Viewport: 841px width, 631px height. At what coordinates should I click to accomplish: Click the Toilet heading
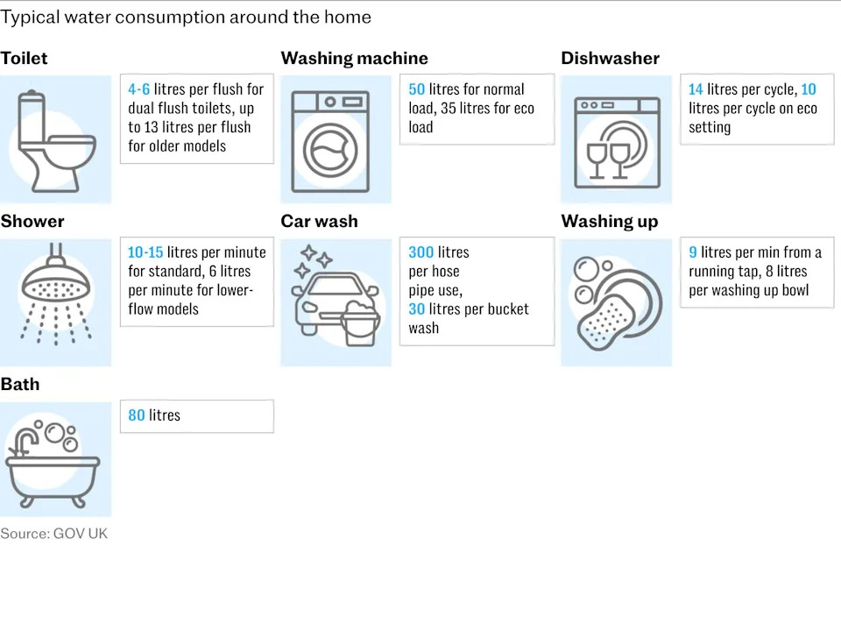click(25, 58)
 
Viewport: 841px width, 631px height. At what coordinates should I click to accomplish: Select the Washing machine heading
click(355, 58)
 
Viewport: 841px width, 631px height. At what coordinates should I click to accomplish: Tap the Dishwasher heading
click(611, 58)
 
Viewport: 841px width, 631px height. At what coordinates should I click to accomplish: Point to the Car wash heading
click(319, 221)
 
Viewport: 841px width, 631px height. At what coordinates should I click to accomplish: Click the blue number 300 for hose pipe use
click(421, 252)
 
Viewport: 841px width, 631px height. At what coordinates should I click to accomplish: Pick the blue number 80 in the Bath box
click(137, 415)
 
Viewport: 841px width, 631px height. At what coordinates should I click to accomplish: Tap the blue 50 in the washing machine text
click(417, 89)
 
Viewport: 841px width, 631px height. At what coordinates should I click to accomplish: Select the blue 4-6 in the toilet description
click(139, 89)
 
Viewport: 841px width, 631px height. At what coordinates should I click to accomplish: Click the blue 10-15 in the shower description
click(145, 252)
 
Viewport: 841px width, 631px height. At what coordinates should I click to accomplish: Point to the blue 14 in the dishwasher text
click(696, 89)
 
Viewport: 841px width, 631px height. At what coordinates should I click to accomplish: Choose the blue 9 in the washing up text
click(693, 252)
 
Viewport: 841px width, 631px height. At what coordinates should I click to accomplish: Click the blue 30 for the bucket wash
click(417, 309)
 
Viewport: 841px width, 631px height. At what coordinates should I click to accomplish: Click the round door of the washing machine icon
click(330, 151)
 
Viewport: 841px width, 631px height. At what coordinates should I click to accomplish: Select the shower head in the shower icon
click(56, 284)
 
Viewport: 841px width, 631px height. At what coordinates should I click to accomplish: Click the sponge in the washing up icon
click(603, 322)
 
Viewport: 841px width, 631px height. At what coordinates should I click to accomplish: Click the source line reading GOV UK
click(54, 534)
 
